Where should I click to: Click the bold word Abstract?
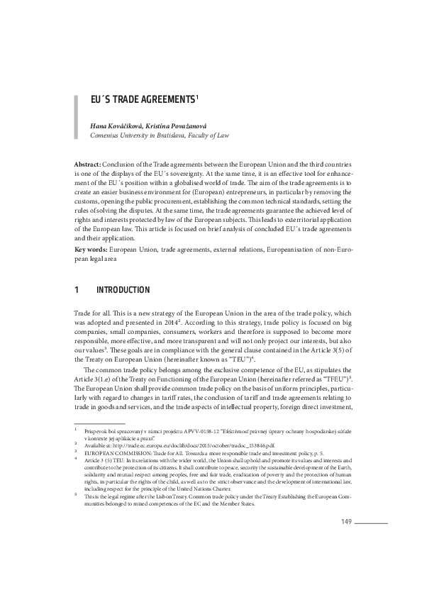[x=87, y=164]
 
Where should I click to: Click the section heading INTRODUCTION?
[x=123, y=290]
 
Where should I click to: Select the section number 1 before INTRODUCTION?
[x=76, y=290]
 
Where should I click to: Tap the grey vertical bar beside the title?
[x=76, y=114]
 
